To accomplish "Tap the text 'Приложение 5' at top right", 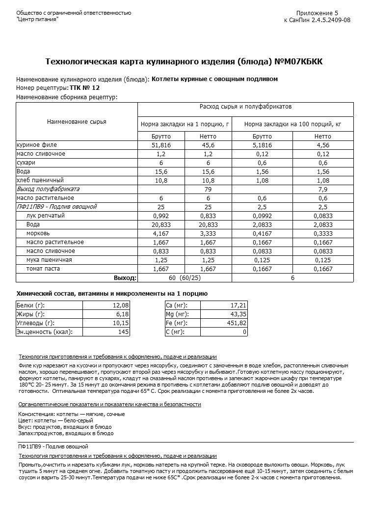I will tap(317, 13).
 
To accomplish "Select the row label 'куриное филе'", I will tap(37, 145).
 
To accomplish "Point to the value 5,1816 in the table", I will tap(262, 145).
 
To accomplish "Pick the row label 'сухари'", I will tap(26, 163).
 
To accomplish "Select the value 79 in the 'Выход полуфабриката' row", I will tap(208, 189).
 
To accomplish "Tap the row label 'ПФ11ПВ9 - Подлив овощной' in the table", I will tap(57, 207).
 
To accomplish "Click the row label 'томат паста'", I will tap(43, 269).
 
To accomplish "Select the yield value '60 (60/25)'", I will tap(185, 278).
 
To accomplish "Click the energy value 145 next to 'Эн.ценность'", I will tap(124, 332).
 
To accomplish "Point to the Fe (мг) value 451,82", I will tap(237, 323).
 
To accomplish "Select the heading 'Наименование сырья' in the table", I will tap(77, 122).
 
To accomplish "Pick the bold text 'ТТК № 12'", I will tap(85, 87).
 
